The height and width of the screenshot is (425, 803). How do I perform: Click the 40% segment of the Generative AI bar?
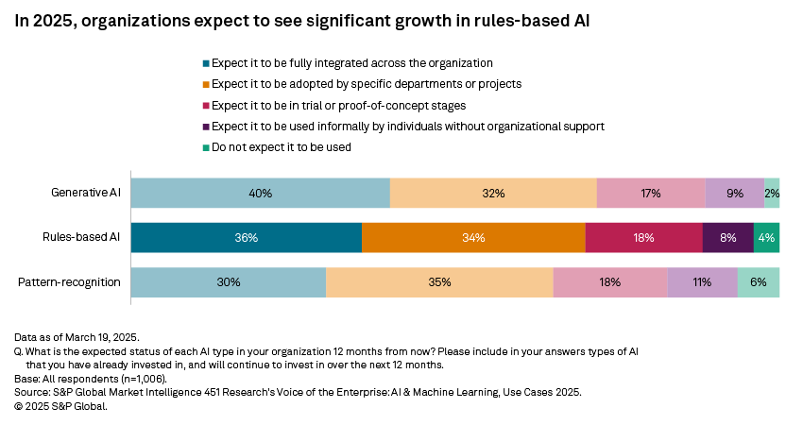click(260, 193)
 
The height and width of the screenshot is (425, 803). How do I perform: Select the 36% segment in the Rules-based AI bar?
click(246, 238)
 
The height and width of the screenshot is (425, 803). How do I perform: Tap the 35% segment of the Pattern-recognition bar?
click(439, 282)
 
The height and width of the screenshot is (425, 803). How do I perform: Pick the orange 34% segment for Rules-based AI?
click(473, 238)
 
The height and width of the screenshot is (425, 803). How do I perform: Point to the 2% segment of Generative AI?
click(772, 193)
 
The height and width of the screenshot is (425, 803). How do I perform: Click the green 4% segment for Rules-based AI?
click(766, 238)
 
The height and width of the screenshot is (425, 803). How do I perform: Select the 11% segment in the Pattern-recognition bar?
click(702, 282)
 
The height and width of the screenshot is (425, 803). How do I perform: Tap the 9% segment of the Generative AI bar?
click(734, 193)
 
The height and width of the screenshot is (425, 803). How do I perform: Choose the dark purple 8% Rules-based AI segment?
click(727, 238)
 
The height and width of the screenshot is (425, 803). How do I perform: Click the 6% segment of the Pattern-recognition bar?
click(758, 282)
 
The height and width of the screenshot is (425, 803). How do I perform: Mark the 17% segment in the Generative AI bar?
click(651, 193)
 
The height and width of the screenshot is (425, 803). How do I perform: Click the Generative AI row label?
click(86, 193)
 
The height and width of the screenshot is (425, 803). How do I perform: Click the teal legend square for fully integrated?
click(206, 63)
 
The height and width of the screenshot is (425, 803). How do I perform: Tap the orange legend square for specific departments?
click(206, 84)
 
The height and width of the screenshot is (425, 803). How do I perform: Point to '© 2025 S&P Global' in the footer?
click(61, 406)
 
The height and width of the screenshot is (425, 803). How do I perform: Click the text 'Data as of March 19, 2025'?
click(75, 336)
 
